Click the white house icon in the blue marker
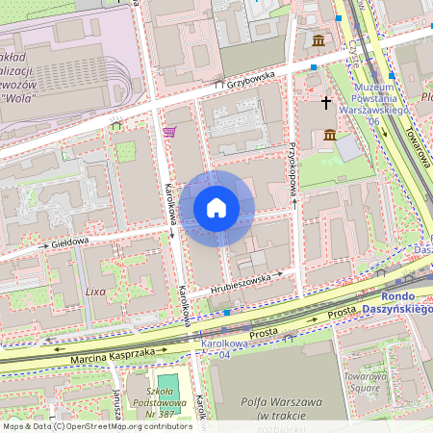coord(216,208)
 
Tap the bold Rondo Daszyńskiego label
coord(395,303)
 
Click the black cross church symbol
coord(325,101)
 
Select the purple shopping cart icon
coord(169,132)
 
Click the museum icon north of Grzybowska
coord(318,39)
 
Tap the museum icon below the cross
coord(330,135)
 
